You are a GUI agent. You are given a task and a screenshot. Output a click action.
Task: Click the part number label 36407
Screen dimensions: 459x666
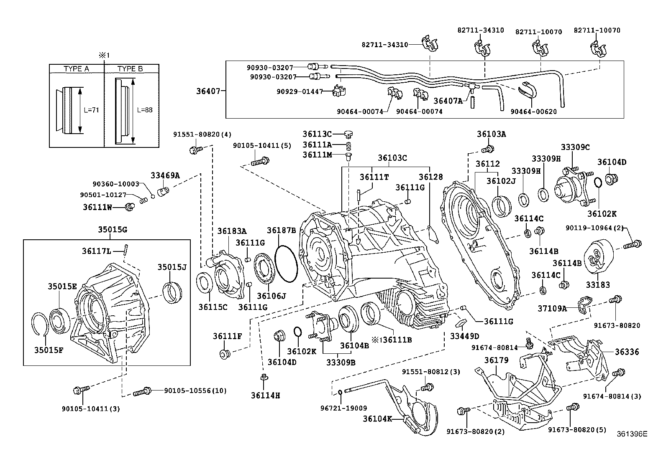coord(207,90)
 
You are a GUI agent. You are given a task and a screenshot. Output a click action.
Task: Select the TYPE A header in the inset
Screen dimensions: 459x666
coord(76,69)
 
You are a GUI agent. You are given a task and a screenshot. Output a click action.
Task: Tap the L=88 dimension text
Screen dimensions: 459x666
coord(145,110)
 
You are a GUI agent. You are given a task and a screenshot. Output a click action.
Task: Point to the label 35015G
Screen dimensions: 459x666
coord(113,229)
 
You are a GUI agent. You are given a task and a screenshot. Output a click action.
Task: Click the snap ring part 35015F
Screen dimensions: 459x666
coord(41,324)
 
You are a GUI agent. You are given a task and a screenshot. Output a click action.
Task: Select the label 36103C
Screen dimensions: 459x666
coord(392,158)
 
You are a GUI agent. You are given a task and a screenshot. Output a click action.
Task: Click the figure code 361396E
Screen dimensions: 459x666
coord(631,434)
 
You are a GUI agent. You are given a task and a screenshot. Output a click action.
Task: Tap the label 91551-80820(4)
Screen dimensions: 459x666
coord(202,134)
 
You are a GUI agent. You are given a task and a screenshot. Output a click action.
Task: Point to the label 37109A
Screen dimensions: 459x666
coord(552,309)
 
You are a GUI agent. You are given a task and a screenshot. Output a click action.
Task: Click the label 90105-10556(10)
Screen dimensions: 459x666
coord(195,391)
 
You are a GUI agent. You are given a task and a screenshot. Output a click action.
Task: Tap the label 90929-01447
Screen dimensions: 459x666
coord(300,91)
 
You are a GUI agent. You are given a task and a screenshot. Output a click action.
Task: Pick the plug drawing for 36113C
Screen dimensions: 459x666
coord(348,134)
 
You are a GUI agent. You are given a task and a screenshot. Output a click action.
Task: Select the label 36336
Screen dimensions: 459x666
coord(627,352)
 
